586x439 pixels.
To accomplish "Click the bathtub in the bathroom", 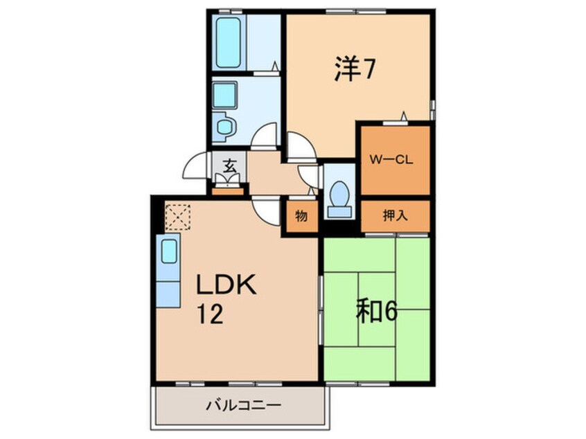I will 229,42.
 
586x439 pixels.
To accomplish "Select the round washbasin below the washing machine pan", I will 224,125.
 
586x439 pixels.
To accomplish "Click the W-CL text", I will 391,159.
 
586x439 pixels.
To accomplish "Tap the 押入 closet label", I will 395,215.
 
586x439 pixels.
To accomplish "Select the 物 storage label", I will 301,215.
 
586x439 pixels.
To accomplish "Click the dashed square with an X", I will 177,215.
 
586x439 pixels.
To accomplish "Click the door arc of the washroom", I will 263,136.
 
